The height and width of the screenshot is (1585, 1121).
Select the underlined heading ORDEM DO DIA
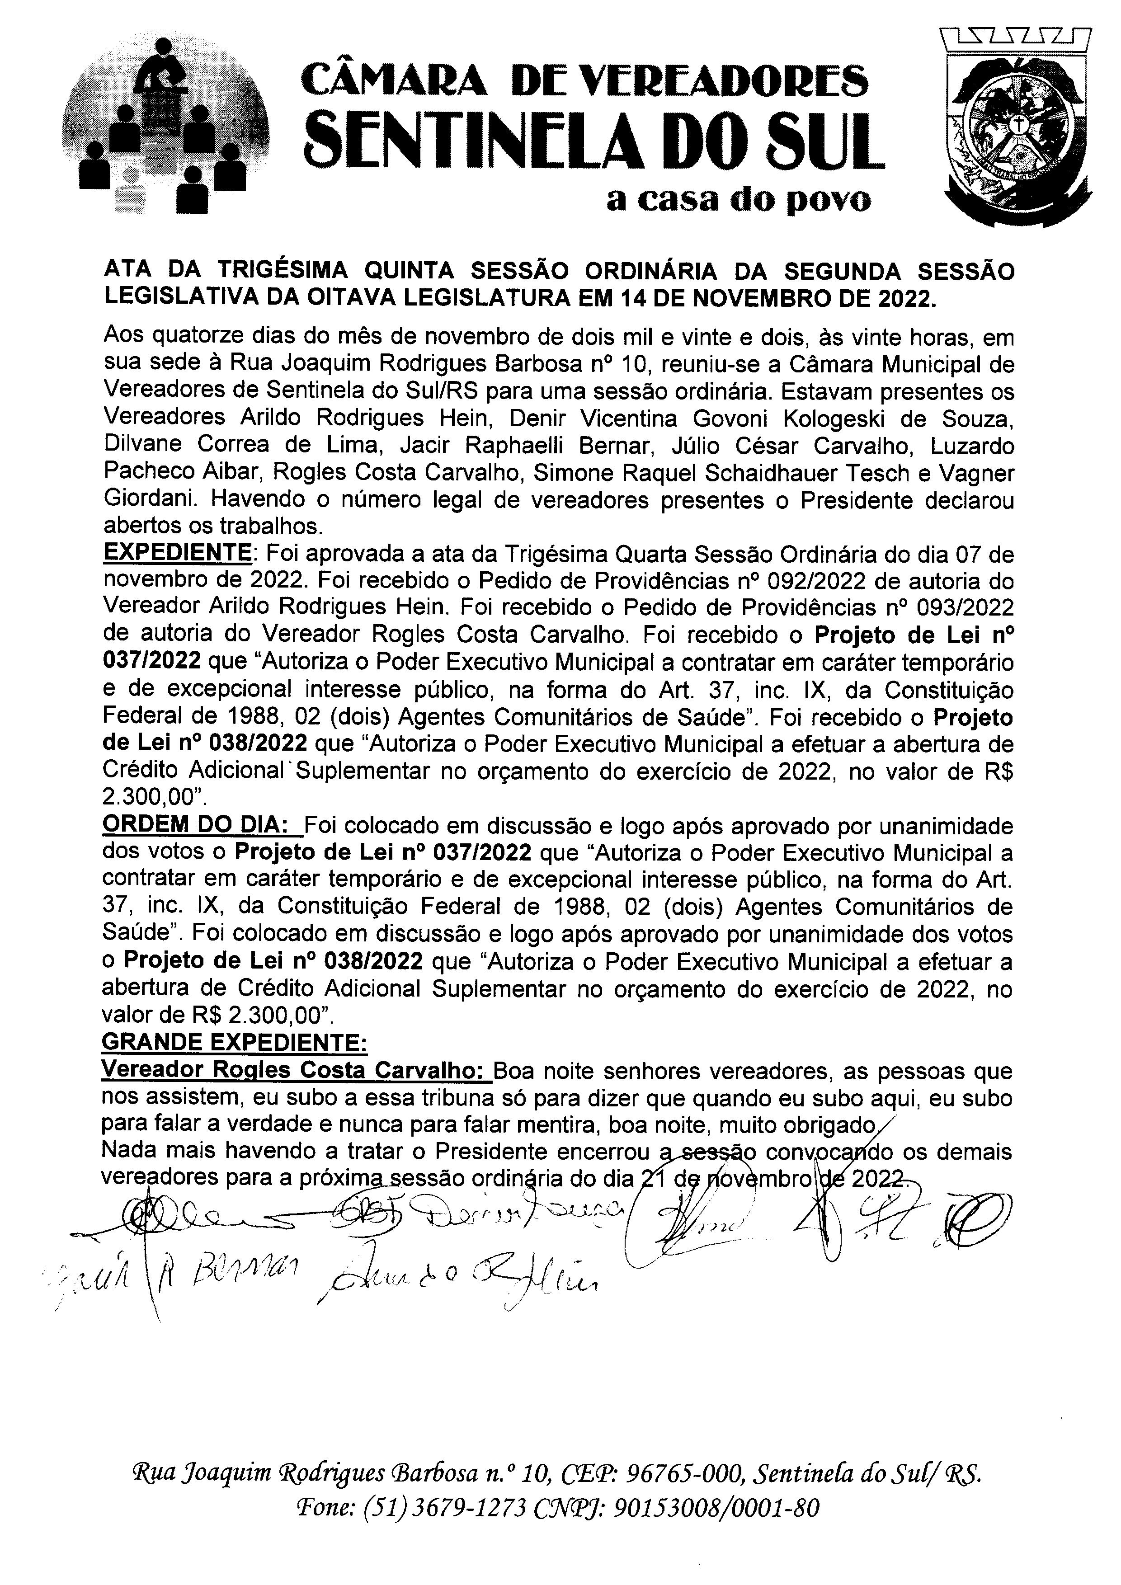(x=200, y=826)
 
